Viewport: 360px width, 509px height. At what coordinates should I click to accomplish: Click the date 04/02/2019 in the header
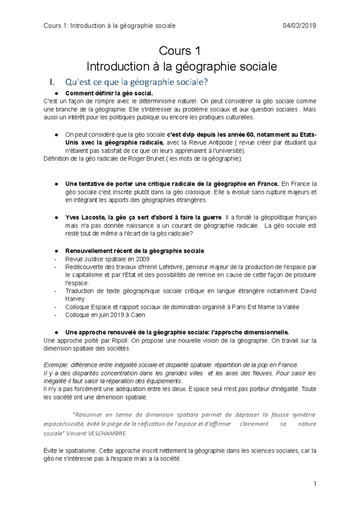[299, 26]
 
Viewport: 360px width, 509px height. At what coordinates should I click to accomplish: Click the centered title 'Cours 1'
[179, 51]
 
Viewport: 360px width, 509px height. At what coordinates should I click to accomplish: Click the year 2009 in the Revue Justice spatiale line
[142, 259]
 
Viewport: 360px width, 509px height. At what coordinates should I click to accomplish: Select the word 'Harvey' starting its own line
[75, 299]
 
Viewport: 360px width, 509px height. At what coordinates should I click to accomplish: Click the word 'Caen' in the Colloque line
[138, 315]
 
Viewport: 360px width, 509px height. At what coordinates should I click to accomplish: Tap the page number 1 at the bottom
[315, 484]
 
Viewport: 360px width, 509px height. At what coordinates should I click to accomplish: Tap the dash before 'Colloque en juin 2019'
[55, 315]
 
